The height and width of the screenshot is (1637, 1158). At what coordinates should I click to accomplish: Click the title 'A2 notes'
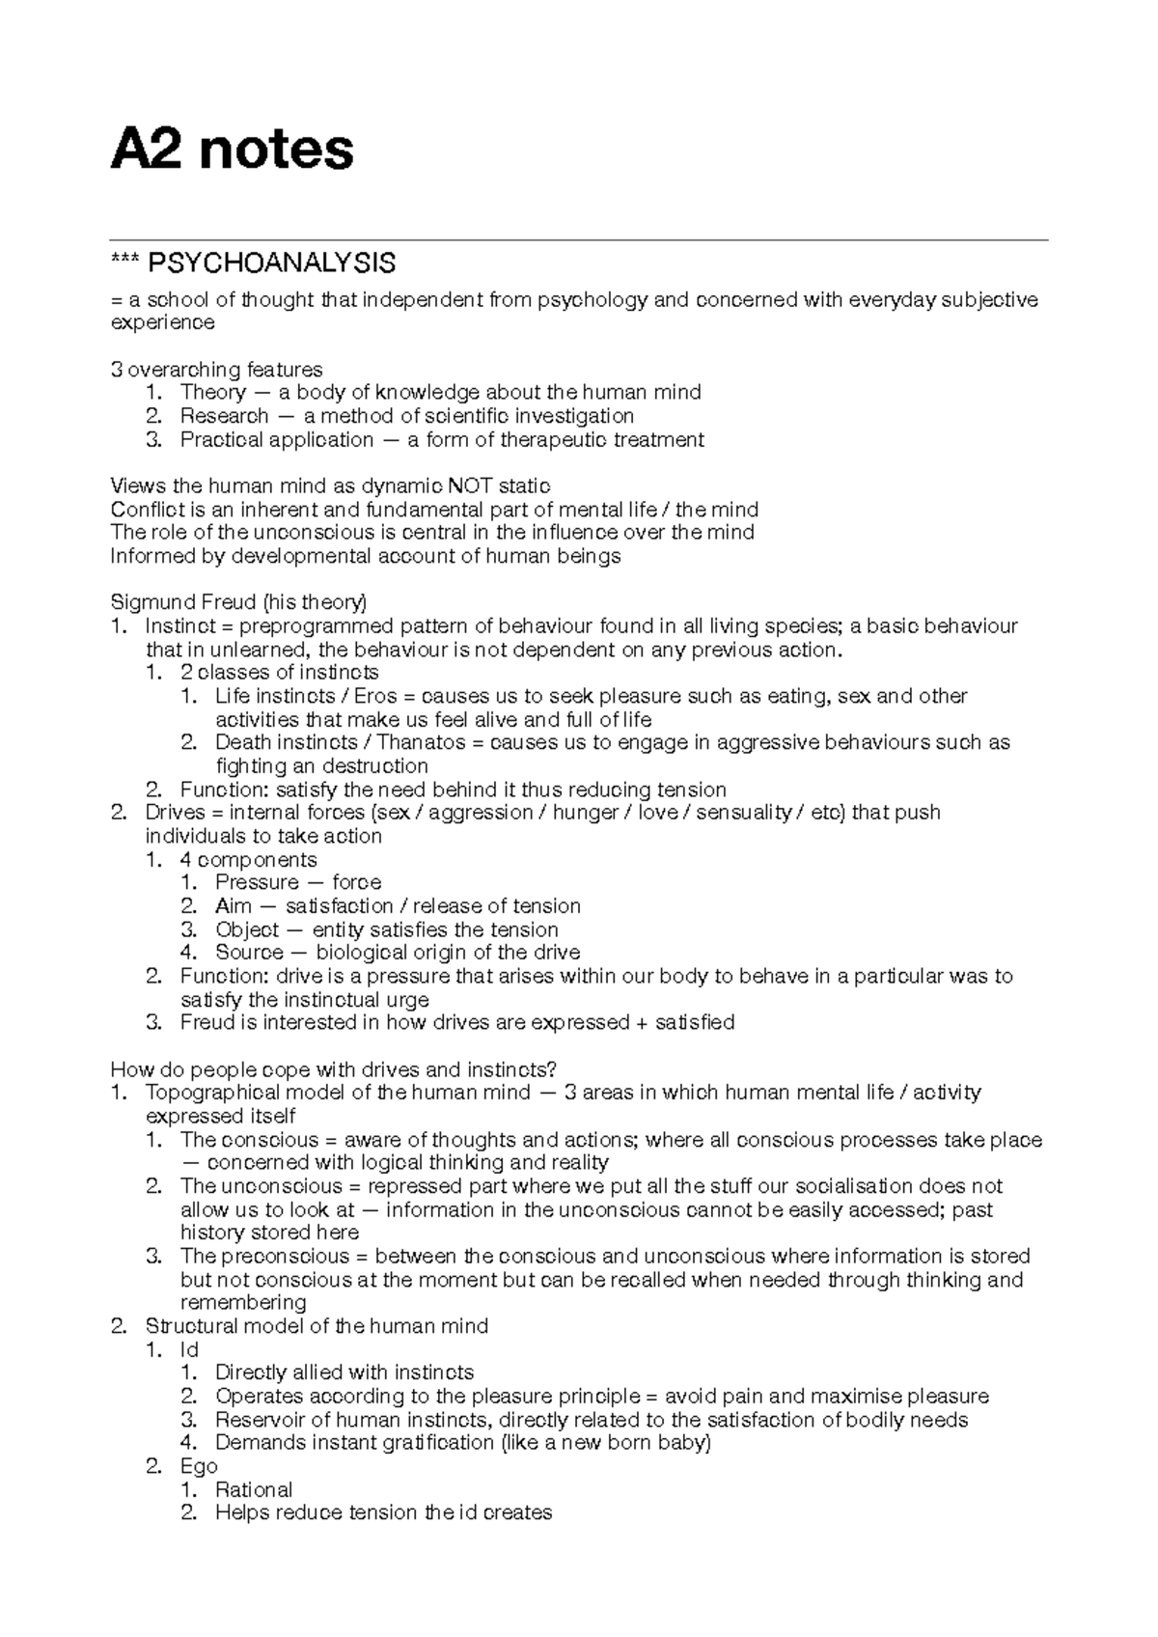point(232,152)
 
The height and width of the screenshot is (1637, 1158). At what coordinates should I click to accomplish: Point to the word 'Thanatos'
point(418,743)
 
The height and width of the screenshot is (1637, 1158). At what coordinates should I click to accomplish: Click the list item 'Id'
point(189,1350)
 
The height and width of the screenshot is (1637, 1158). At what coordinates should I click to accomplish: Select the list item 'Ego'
point(199,1467)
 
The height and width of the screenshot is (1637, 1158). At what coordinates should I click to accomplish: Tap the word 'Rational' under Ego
point(254,1490)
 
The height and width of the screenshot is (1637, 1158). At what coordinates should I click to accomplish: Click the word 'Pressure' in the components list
point(257,883)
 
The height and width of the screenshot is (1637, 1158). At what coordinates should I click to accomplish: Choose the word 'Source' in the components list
point(249,954)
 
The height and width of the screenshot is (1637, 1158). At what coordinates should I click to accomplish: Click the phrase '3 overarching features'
point(216,370)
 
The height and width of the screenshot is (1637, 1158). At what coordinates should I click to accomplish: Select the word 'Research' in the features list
point(224,416)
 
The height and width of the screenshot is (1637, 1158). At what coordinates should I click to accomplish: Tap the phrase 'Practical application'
point(276,440)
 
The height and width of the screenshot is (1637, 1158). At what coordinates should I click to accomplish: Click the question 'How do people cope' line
point(334,1069)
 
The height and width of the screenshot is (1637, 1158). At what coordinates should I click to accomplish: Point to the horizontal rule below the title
point(579,239)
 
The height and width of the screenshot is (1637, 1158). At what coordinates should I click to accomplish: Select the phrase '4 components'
point(247,860)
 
